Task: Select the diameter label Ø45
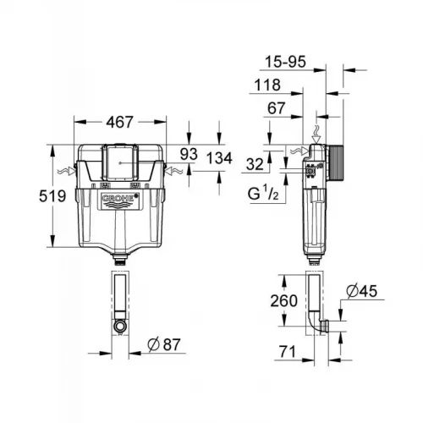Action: click(361, 293)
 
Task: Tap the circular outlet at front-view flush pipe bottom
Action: click(120, 324)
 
